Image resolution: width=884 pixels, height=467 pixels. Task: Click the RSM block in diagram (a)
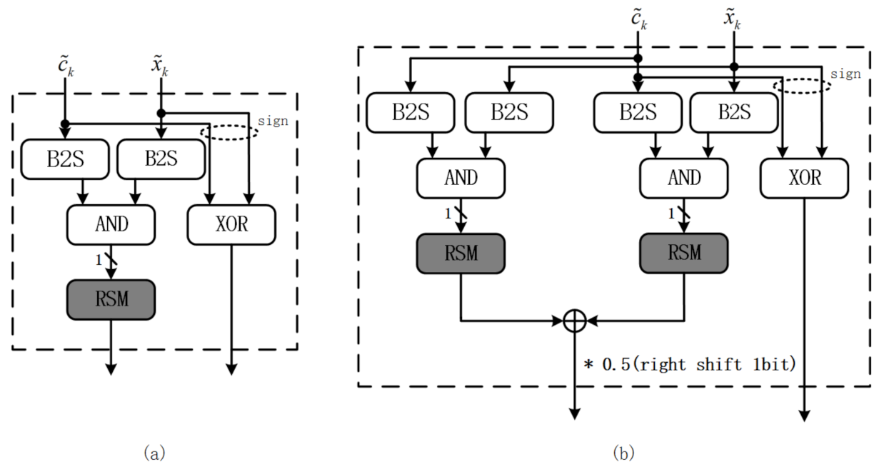[x=111, y=298]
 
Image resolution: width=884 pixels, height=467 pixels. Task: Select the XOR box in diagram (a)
[x=231, y=224]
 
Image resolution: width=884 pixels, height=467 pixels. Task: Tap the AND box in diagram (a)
[x=111, y=224]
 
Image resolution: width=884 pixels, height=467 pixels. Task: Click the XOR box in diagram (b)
[x=805, y=177]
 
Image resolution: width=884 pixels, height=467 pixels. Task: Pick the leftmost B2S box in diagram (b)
[x=410, y=113]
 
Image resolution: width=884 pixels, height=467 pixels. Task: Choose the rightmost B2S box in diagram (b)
[x=733, y=113]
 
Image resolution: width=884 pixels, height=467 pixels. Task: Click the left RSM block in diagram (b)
[x=461, y=252]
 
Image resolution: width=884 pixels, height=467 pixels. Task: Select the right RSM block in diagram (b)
[x=684, y=252]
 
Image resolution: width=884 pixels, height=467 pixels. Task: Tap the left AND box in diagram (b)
[x=461, y=177]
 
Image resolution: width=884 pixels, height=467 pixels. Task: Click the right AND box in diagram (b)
[x=684, y=177]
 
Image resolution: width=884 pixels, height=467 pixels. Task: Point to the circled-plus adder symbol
[x=574, y=321]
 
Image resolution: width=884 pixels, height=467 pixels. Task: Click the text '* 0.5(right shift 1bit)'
[x=690, y=365]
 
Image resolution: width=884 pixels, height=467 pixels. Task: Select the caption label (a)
[x=155, y=453]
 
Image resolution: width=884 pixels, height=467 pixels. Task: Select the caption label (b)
[x=623, y=453]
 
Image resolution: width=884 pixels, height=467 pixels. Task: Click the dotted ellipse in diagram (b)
[x=802, y=86]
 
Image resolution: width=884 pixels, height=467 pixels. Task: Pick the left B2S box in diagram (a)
[x=65, y=159]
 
